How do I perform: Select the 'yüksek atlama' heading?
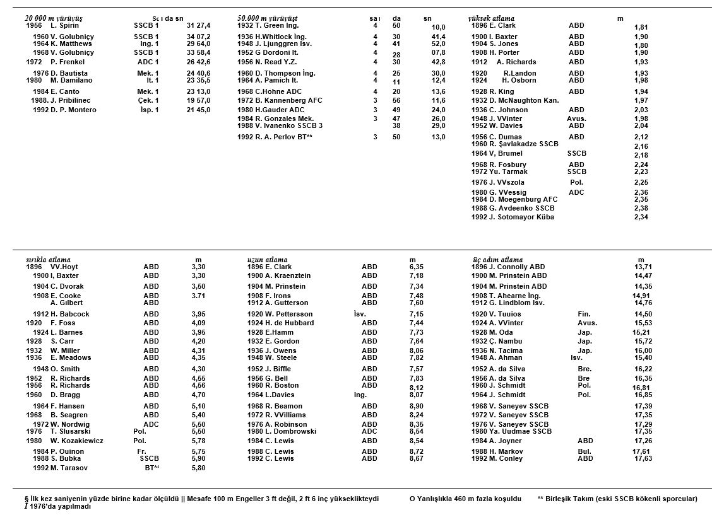(x=491, y=18)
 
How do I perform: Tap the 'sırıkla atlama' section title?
(x=48, y=260)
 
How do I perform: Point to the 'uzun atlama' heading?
(x=267, y=260)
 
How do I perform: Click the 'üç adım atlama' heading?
(x=497, y=260)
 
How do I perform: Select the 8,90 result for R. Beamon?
(x=416, y=406)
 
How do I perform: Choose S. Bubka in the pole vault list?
(x=66, y=458)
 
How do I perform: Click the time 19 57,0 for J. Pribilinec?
(x=198, y=101)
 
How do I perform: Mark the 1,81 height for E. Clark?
(x=641, y=28)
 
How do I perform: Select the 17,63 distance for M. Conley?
(x=643, y=458)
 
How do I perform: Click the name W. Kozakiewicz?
(x=77, y=441)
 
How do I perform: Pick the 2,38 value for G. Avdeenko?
(x=641, y=208)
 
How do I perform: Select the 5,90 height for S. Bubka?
(x=198, y=458)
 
